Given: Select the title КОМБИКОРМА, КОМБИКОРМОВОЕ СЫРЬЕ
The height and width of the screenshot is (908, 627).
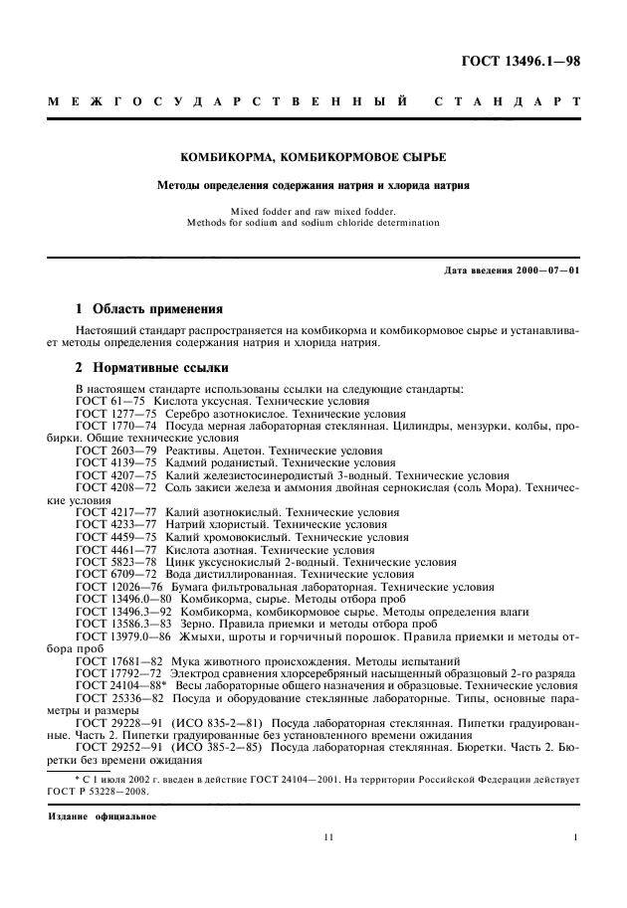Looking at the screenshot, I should tap(313, 158).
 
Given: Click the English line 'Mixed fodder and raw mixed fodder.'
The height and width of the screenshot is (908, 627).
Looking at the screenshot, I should tap(313, 210).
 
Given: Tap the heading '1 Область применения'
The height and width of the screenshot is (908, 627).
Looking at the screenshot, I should tap(150, 308).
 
